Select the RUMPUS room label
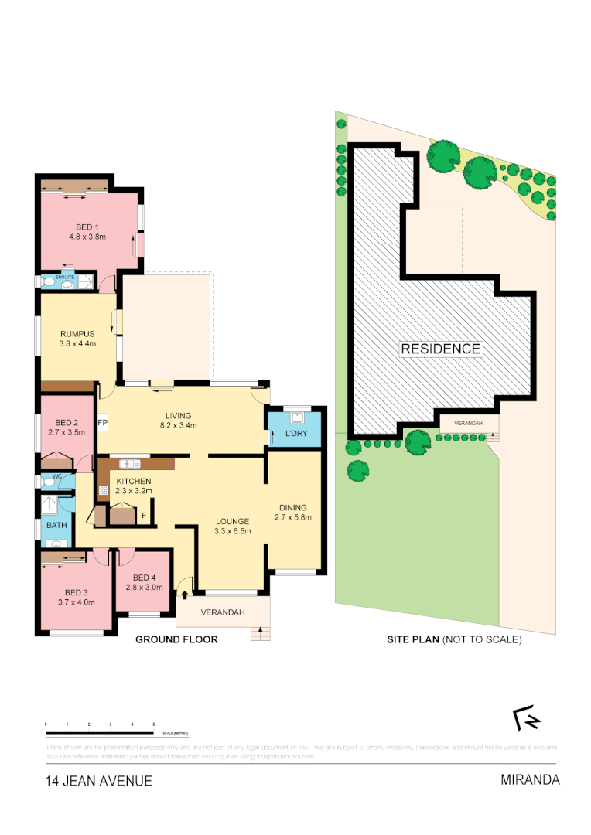point(77,334)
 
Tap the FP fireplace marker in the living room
point(102,424)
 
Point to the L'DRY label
point(296,434)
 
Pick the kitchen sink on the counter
point(128,464)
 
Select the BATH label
point(57,525)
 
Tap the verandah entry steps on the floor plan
point(261,634)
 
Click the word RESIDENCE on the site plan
point(440,349)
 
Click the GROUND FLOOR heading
point(176,639)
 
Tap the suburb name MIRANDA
point(530,779)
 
